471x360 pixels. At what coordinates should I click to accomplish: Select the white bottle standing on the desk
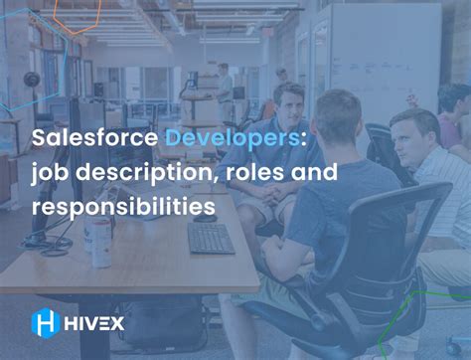point(101,245)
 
